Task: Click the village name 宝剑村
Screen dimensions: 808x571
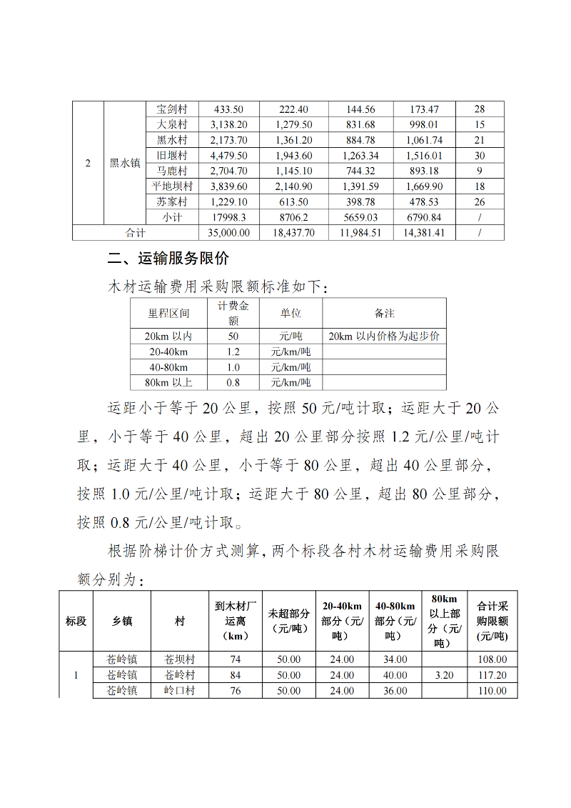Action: [x=171, y=109]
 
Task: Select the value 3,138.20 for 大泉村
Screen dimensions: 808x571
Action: [x=228, y=125]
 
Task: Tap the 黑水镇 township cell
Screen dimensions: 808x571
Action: [x=124, y=163]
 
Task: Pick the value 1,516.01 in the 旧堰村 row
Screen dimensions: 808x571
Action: [x=424, y=156]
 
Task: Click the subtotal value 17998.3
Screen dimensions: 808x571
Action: [x=228, y=217]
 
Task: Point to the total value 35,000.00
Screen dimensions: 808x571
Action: [x=228, y=232]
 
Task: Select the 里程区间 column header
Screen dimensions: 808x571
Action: [x=168, y=313]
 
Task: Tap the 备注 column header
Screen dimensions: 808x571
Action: [x=384, y=313]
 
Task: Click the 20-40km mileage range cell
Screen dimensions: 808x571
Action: [x=168, y=351]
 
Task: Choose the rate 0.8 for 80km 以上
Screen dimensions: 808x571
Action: [x=233, y=382]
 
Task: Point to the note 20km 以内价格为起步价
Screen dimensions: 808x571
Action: [x=384, y=336]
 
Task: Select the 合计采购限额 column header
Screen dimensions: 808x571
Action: [x=492, y=621]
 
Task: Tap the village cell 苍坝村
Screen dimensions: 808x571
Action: [x=179, y=659]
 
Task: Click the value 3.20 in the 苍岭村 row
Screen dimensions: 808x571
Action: [x=444, y=675]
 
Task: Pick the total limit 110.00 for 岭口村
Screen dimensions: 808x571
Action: [x=492, y=691]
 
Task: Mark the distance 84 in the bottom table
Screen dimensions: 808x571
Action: [x=236, y=675]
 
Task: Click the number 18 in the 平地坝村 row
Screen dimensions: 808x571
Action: [x=479, y=186]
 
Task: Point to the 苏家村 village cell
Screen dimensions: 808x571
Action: [x=171, y=202]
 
